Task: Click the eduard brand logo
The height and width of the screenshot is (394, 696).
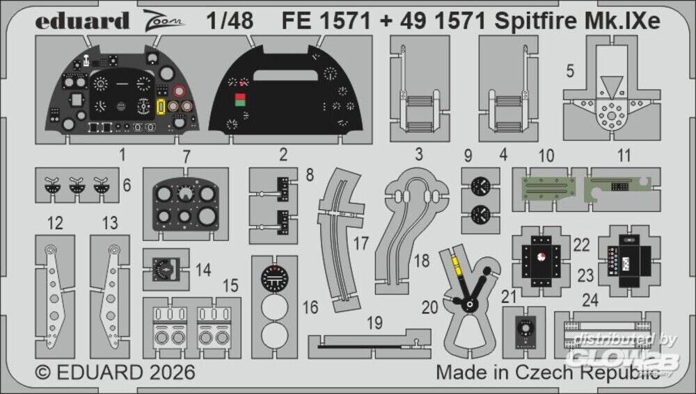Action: (83, 20)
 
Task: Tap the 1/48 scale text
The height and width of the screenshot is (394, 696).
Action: (230, 20)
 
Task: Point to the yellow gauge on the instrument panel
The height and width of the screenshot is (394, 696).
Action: (161, 107)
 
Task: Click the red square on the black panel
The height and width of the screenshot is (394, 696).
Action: (241, 98)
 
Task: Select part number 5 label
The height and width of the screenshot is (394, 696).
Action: (569, 71)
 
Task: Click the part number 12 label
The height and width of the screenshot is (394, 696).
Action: (55, 223)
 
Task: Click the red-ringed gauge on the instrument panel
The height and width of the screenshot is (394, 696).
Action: (180, 91)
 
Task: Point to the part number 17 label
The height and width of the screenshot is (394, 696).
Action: (360, 244)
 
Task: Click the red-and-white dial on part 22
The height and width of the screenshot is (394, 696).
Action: (544, 258)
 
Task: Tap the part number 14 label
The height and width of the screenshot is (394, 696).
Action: (203, 269)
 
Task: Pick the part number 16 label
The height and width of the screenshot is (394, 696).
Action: (310, 307)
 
